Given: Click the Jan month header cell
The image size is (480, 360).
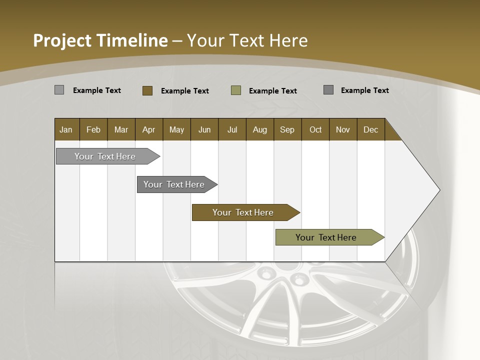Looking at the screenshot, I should pyautogui.click(x=66, y=129).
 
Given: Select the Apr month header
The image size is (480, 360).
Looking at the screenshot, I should pyautogui.click(x=149, y=129).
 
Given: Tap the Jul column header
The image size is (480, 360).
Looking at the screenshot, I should pyautogui.click(x=232, y=129).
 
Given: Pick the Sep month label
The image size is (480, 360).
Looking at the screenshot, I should pyautogui.click(x=287, y=129).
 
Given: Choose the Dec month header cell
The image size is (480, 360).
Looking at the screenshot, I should pyautogui.click(x=370, y=129).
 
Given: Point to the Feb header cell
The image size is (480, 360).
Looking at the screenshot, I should pyautogui.click(x=93, y=129).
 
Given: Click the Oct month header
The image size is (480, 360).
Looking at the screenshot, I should pyautogui.click(x=315, y=129).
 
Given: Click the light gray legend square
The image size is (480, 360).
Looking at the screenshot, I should pyautogui.click(x=59, y=90).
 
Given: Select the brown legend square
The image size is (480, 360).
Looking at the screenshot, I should pyautogui.click(x=147, y=90).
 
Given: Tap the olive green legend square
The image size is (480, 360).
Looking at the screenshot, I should pyautogui.click(x=236, y=90).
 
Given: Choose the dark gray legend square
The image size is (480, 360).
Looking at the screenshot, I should pyautogui.click(x=328, y=90).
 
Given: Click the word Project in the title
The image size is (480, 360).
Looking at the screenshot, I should pyautogui.click(x=62, y=40).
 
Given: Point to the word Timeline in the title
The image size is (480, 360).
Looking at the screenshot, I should pyautogui.click(x=131, y=40).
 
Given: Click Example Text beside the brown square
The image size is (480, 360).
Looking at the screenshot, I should pyautogui.click(x=184, y=91).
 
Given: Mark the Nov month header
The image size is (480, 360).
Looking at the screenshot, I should pyautogui.click(x=343, y=129).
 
